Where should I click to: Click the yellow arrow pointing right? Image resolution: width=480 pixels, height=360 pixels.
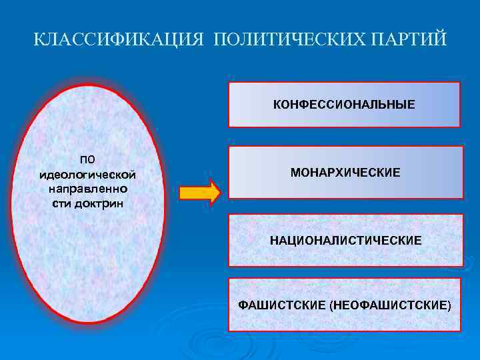click(x=199, y=192)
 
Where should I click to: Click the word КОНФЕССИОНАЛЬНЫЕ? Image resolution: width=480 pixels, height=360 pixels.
click(x=344, y=105)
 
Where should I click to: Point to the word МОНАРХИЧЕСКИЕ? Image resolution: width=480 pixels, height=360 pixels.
click(x=345, y=173)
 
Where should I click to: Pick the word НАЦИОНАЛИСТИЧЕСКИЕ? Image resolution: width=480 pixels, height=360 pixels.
click(x=345, y=239)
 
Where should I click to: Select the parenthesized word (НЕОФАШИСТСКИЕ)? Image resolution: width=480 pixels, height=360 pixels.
click(x=390, y=305)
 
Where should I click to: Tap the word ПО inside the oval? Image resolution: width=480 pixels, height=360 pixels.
click(x=88, y=159)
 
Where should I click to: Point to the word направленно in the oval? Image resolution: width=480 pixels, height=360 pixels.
click(x=88, y=189)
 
